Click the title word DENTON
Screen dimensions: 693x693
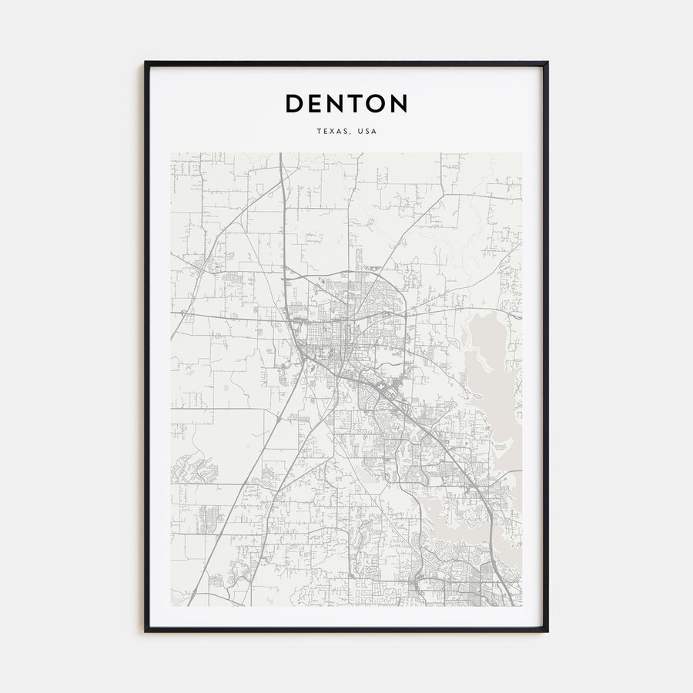[346, 103]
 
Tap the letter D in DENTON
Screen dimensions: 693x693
[295, 103]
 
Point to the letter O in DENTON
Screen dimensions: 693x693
[375, 103]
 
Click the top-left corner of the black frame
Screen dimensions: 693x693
[146, 62]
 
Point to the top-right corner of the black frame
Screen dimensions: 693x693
[547, 62]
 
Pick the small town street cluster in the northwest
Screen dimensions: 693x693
[202, 266]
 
